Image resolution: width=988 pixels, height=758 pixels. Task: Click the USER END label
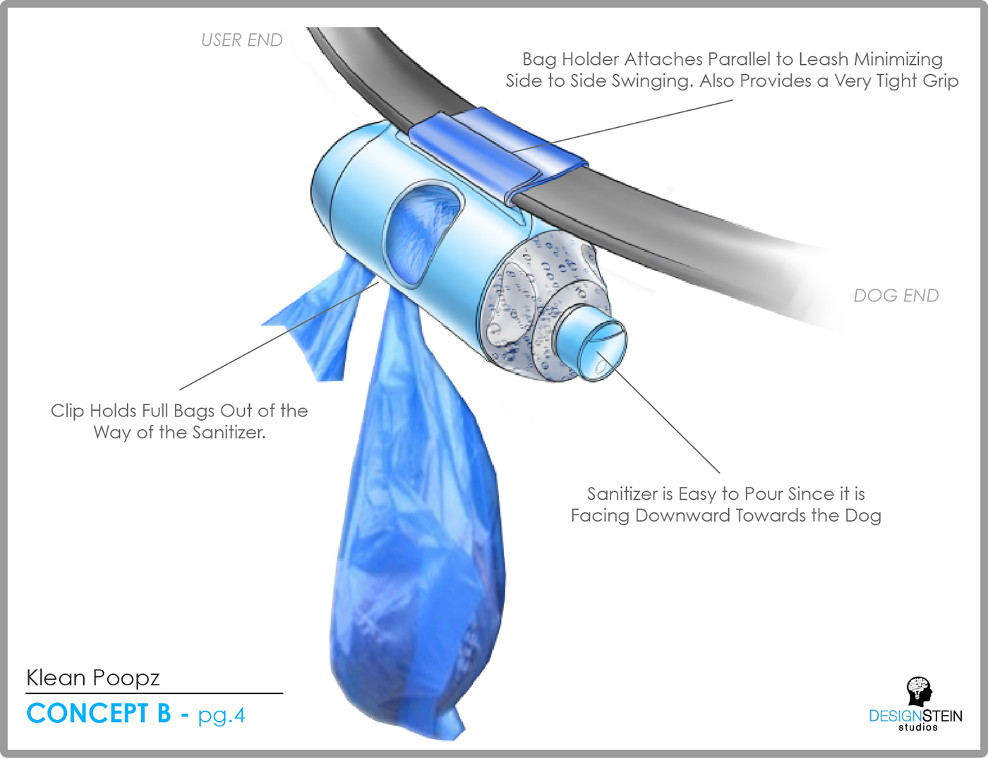pyautogui.click(x=241, y=40)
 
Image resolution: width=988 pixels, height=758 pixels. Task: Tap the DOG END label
pyautogui.click(x=896, y=296)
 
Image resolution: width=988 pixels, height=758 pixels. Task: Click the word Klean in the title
pyautogui.click(x=56, y=678)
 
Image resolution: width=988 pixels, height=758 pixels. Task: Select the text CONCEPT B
pyautogui.click(x=99, y=714)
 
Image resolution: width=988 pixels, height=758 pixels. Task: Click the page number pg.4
pyautogui.click(x=221, y=716)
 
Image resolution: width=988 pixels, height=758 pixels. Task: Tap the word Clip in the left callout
pyautogui.click(x=67, y=411)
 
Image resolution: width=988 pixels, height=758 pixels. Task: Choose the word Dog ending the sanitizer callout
pyautogui.click(x=862, y=516)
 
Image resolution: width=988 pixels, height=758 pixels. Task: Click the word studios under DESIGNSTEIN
pyautogui.click(x=917, y=728)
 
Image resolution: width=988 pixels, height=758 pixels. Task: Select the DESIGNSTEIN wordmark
pyautogui.click(x=915, y=716)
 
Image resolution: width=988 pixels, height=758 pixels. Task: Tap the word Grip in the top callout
pyautogui.click(x=940, y=81)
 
